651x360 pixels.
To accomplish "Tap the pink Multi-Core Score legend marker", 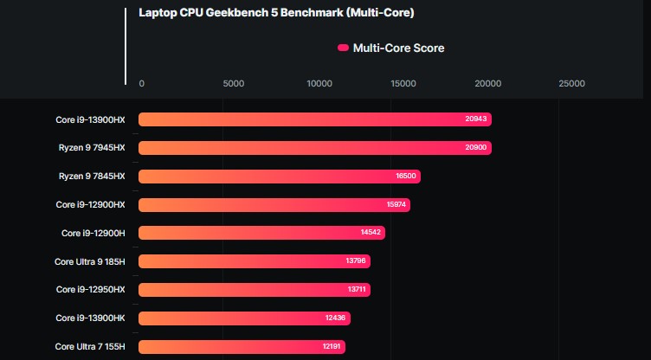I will click(x=343, y=48).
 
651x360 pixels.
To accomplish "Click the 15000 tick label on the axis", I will click(x=403, y=84).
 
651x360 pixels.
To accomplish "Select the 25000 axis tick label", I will click(x=571, y=84).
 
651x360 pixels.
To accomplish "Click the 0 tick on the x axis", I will click(x=142, y=84).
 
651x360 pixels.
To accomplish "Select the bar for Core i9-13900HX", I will click(x=315, y=119).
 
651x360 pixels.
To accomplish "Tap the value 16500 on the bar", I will click(x=406, y=177).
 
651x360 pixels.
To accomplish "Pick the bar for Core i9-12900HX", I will click(x=274, y=205).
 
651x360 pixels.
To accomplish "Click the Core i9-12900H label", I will click(x=93, y=233).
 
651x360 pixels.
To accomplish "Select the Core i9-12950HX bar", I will click(x=255, y=290).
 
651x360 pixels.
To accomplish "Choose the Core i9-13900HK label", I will click(x=91, y=318).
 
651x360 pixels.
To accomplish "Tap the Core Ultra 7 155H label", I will click(x=90, y=346).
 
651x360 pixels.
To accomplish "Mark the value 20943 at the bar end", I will click(x=477, y=119).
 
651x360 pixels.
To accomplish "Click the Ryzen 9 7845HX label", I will click(x=92, y=177).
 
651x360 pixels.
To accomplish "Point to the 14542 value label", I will click(x=371, y=233).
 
